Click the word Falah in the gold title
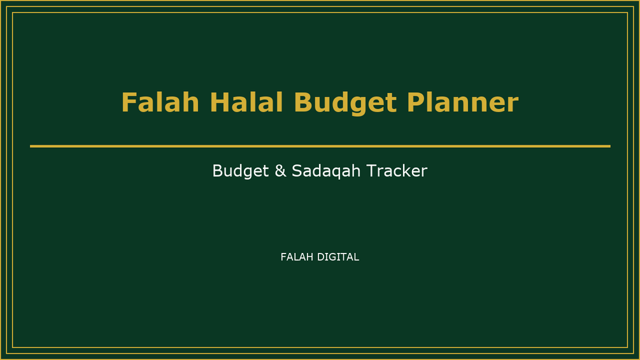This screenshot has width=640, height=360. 160,102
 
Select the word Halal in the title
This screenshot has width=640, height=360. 246,102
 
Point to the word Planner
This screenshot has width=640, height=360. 462,102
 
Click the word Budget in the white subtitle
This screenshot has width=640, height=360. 241,171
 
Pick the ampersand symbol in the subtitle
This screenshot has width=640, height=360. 280,171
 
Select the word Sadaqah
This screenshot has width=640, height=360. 326,171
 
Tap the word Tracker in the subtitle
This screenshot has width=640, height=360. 397,171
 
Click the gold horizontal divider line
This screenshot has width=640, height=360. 320,146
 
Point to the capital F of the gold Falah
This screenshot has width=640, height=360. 129,102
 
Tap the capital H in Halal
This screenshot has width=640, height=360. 219,102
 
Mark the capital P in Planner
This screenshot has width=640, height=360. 416,102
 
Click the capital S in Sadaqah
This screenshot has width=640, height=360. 297,171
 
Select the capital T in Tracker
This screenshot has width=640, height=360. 372,171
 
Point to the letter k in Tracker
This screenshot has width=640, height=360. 406,171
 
